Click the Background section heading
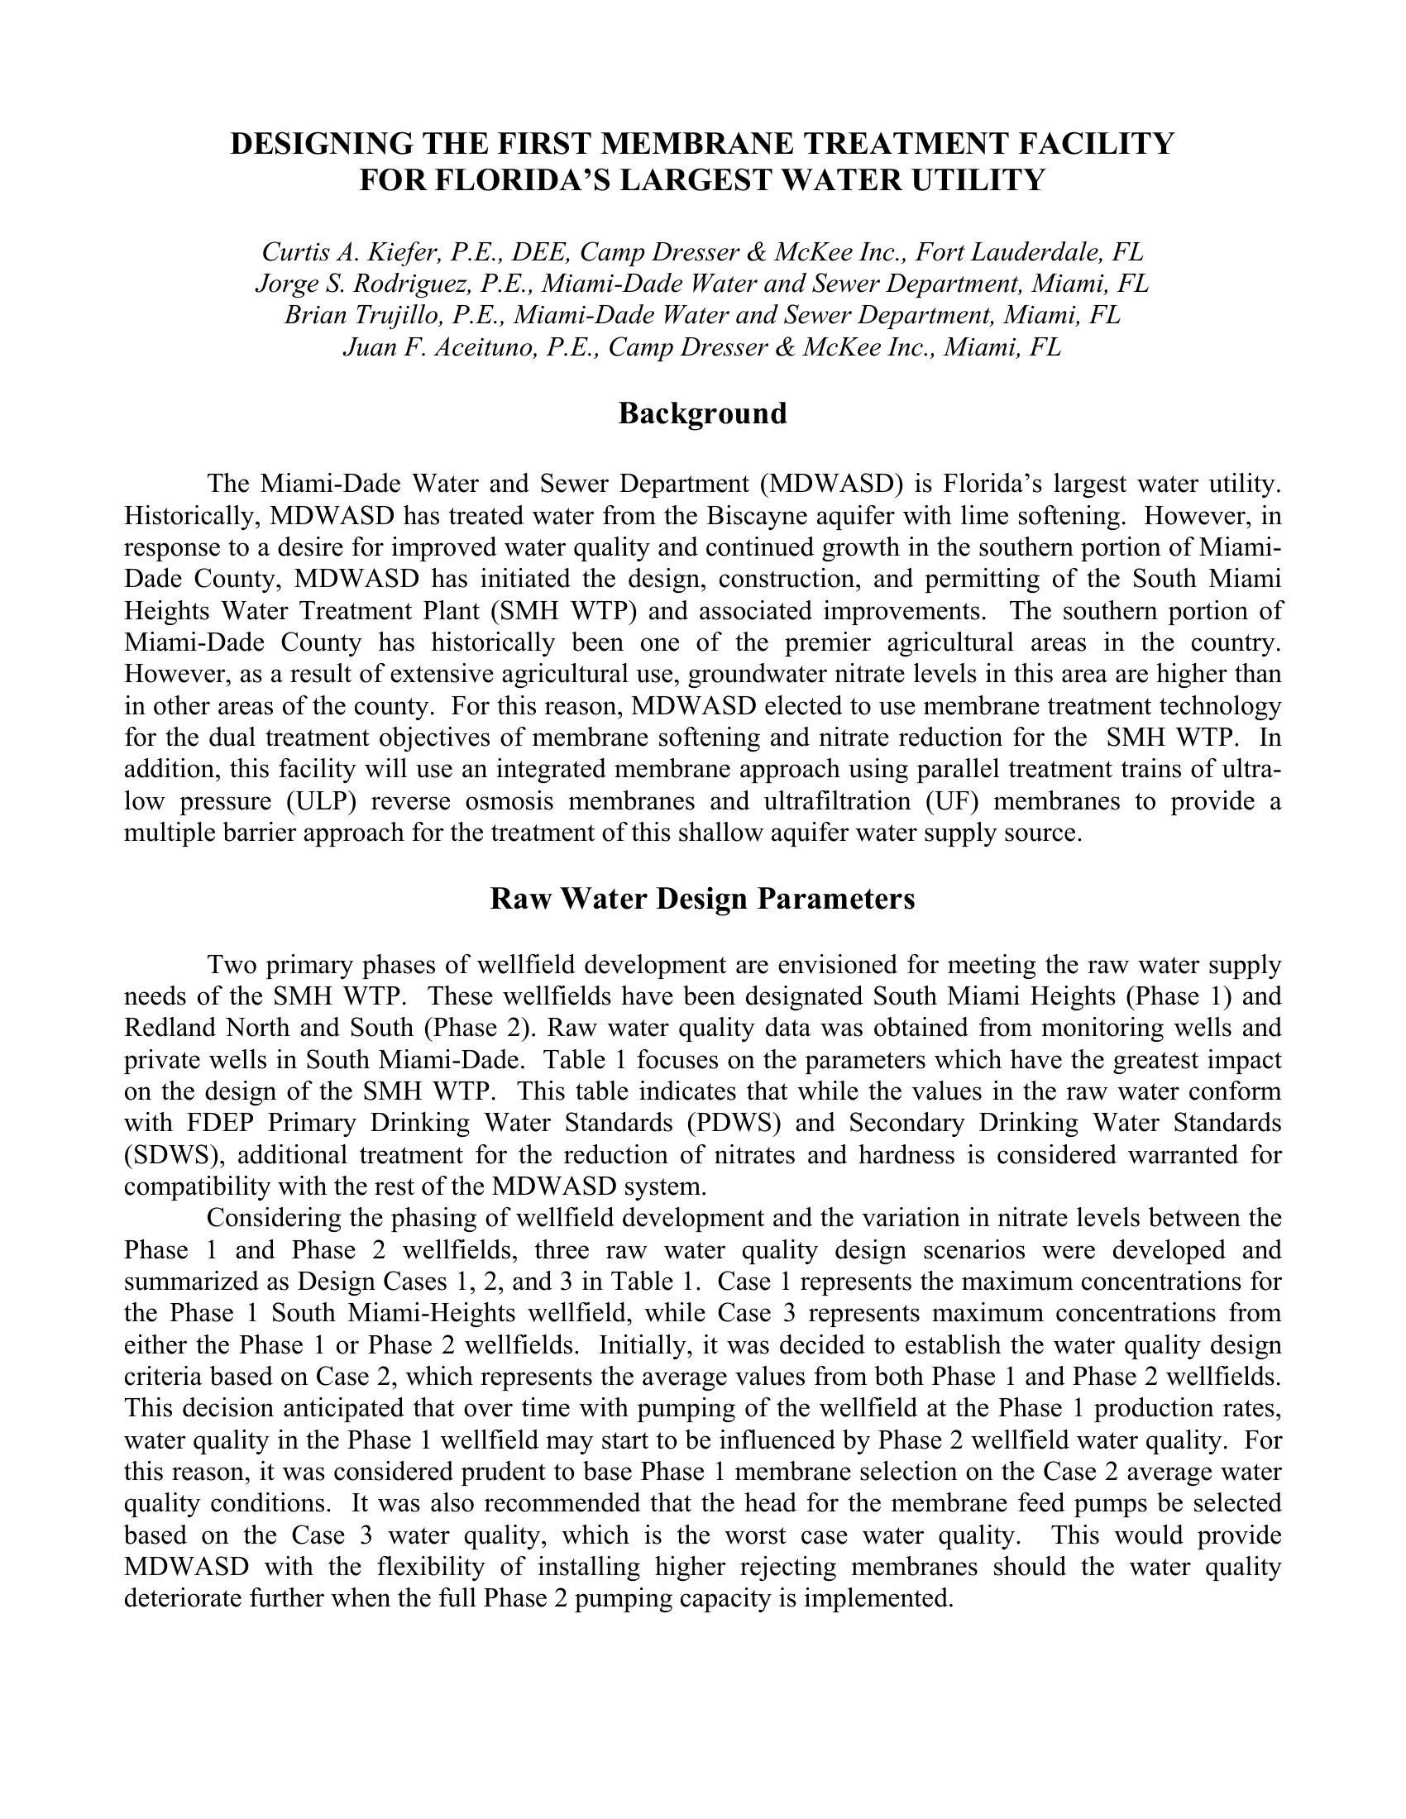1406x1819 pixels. click(x=702, y=414)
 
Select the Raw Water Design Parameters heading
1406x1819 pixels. click(x=702, y=900)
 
